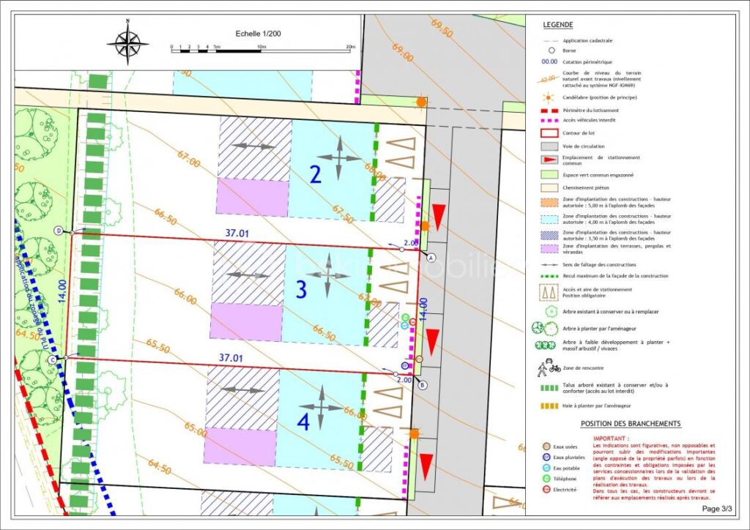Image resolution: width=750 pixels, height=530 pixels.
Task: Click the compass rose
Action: coord(128,44)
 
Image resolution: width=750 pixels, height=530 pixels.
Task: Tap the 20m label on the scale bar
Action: coord(350,47)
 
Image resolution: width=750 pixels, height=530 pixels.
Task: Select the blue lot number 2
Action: coord(316,175)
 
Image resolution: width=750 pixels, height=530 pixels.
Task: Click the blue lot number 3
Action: coord(301,289)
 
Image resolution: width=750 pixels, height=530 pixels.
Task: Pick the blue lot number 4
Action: coord(304,422)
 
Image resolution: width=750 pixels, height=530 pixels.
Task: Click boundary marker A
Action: coord(431,258)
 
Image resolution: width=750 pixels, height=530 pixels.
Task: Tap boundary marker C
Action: coord(53,359)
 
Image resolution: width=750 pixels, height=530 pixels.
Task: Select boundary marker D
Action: coord(58,231)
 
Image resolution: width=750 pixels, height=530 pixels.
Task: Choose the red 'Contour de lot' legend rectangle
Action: coord(549,133)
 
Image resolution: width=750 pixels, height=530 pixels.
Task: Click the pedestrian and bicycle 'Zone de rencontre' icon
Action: coord(549,367)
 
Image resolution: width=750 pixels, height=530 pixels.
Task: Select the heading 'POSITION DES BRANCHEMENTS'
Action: coord(631,424)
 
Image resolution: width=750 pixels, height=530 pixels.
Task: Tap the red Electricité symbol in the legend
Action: coord(546,489)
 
